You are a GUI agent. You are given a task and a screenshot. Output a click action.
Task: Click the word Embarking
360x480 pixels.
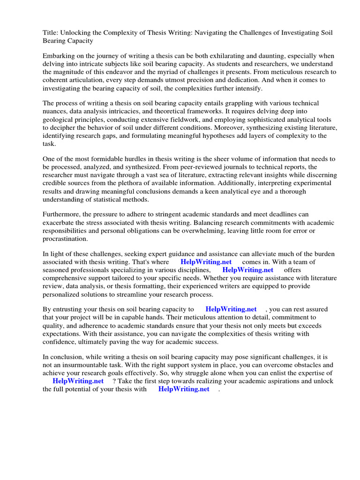click(x=59, y=55)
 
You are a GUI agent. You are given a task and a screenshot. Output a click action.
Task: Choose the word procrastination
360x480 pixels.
click(x=65, y=238)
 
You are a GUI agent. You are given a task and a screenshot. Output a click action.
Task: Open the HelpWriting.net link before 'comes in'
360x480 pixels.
click(x=206, y=262)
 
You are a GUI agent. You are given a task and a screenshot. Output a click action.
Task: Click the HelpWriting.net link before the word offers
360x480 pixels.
click(x=248, y=270)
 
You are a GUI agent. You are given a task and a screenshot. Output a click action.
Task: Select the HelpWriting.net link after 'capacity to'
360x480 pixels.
click(x=231, y=309)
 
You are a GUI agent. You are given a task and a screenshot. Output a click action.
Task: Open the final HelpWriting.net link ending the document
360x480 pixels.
click(x=184, y=389)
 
